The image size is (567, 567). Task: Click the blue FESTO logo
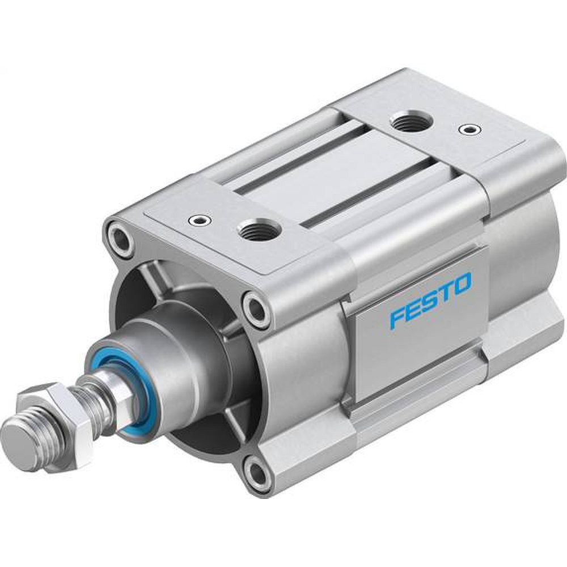(x=430, y=300)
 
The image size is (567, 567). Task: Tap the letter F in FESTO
(x=396, y=318)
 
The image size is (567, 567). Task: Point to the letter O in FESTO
(x=460, y=283)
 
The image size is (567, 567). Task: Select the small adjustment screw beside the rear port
(x=468, y=129)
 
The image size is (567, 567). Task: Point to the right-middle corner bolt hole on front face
(x=256, y=309)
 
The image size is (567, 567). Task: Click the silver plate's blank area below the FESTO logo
(x=420, y=352)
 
